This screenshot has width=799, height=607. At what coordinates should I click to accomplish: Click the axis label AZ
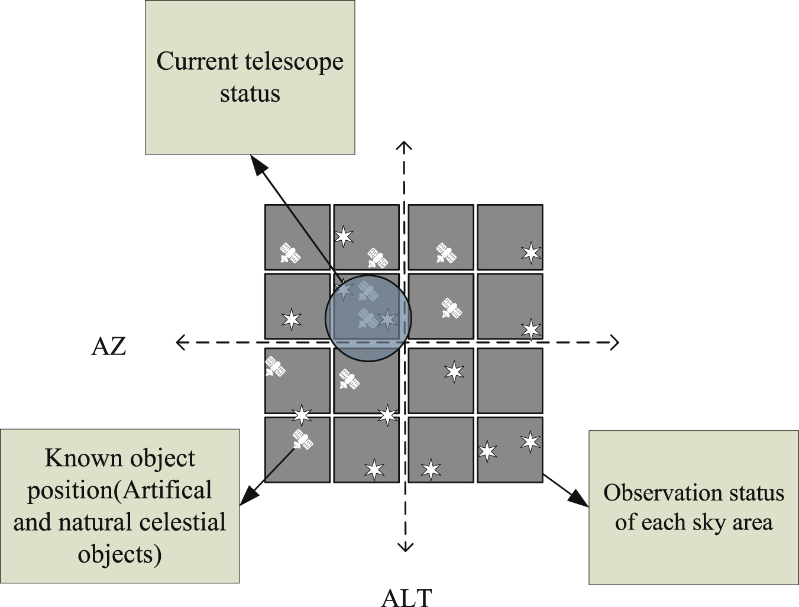tap(109, 346)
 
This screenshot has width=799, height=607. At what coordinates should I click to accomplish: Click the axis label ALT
tap(407, 598)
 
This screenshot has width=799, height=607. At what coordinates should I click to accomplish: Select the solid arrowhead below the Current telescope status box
tap(258, 165)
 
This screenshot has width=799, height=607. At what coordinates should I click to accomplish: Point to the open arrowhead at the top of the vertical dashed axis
tap(405, 146)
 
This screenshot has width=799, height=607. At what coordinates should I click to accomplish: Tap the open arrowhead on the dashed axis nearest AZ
tap(181, 342)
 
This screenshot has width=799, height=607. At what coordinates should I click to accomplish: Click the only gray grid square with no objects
tap(510, 380)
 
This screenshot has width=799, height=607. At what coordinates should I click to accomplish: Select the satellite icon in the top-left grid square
tap(290, 253)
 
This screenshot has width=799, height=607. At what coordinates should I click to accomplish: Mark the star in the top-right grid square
tap(531, 253)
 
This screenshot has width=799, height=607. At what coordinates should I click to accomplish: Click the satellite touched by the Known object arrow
tap(302, 440)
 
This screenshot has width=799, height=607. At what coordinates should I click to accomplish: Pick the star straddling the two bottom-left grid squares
tap(302, 415)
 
